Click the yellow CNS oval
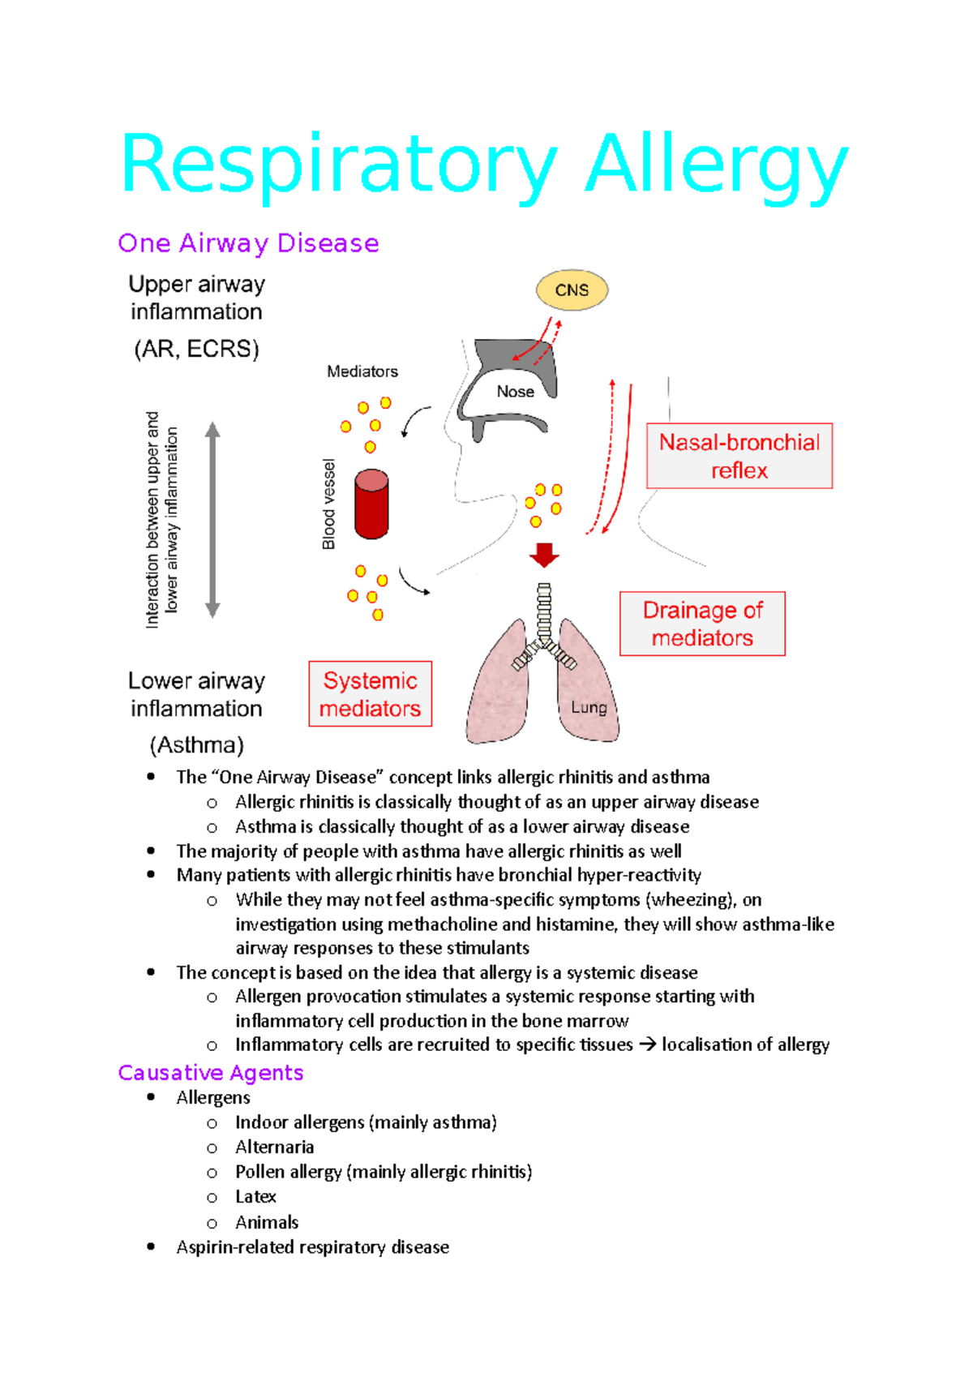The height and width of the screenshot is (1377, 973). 572,290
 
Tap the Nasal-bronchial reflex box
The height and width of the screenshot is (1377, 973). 739,456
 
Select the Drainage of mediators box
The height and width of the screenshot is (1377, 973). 702,624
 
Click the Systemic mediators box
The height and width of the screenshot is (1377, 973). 371,694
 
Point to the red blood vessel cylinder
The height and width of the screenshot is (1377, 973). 371,504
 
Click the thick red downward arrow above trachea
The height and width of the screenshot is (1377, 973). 544,555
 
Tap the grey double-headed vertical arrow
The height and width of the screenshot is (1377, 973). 212,520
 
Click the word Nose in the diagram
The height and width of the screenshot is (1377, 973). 516,392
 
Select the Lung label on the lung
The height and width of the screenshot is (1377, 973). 589,707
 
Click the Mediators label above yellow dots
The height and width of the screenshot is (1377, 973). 362,371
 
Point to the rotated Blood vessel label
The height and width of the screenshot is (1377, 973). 328,504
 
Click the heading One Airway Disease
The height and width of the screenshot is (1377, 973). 248,243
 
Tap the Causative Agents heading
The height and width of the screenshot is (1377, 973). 211,1073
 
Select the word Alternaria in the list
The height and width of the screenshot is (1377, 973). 274,1147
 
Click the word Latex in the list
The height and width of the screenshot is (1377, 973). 255,1197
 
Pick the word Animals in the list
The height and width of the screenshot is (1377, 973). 267,1222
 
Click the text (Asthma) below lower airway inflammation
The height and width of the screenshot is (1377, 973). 196,744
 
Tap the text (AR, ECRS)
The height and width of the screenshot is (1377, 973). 196,349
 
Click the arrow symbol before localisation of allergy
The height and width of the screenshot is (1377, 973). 647,1045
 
